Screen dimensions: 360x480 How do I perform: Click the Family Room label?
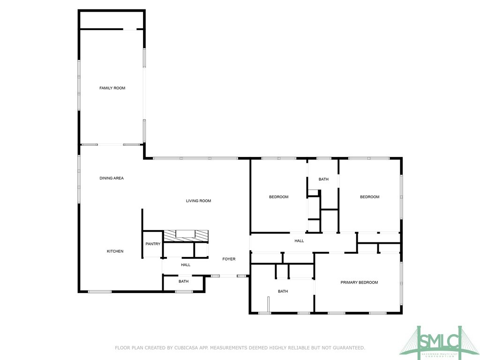[x=112, y=88]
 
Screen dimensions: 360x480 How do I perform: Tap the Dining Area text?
[x=112, y=178]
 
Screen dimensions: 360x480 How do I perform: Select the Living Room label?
[x=198, y=201]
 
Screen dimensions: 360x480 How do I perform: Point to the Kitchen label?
[x=115, y=251]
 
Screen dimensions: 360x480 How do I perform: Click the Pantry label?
[x=153, y=244]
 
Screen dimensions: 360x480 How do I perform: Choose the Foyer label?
[x=229, y=259]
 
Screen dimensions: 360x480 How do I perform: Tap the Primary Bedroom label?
[x=359, y=283]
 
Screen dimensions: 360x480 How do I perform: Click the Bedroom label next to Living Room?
[x=278, y=197]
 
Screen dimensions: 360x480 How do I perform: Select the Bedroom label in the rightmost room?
[x=369, y=197]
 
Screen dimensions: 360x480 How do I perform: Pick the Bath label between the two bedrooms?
[x=323, y=180]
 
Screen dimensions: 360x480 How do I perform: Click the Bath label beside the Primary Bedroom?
[x=283, y=291]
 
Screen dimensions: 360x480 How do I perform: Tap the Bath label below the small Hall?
[x=183, y=282]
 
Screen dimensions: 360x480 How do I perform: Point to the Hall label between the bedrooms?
[x=299, y=241]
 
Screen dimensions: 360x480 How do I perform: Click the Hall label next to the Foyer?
[x=186, y=265]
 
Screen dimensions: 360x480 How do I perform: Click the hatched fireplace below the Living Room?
[x=185, y=235]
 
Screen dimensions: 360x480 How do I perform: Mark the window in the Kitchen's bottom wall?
[x=100, y=292]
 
